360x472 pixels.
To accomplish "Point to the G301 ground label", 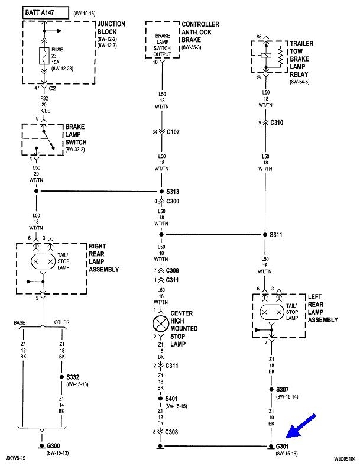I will [284, 447].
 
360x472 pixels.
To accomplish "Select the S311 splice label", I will [277, 235].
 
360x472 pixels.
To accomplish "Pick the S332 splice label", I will [73, 376].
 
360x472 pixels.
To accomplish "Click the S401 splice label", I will [173, 399].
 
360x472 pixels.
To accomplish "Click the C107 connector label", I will [173, 132].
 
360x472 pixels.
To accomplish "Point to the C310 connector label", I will [277, 122].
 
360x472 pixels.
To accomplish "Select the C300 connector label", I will [173, 202].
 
